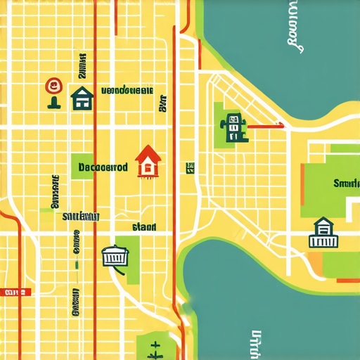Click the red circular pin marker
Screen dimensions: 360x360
(53, 86)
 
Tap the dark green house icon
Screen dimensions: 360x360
(82, 98)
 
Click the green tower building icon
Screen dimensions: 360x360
(233, 127)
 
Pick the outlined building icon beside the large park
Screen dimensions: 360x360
(323, 233)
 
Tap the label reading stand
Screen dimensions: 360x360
(143, 227)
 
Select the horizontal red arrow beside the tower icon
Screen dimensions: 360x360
(266, 127)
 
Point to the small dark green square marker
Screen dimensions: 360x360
(190, 167)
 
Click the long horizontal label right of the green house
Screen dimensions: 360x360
(127, 90)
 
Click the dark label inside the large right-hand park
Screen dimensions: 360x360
(346, 184)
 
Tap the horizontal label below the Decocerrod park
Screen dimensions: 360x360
(80, 216)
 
